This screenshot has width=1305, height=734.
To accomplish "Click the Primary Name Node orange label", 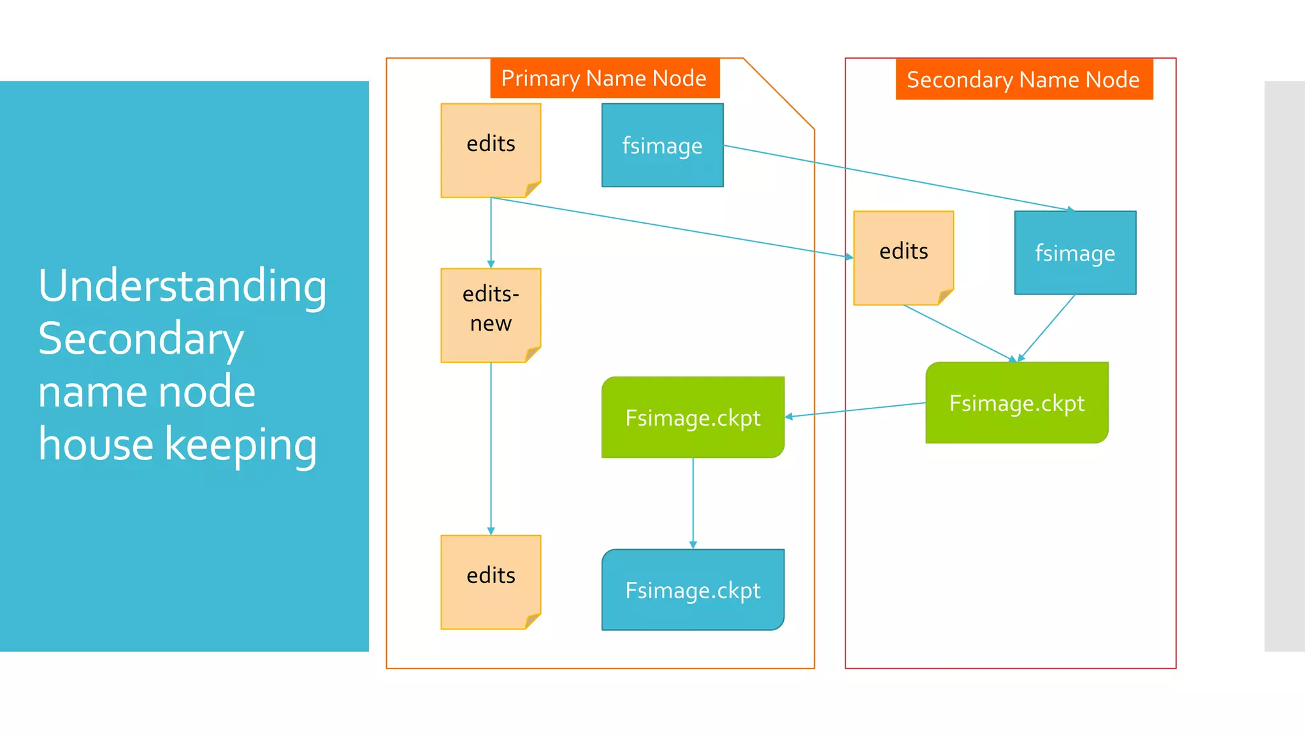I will click(x=604, y=78).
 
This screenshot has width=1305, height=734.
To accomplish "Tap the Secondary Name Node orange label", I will click(x=1023, y=80).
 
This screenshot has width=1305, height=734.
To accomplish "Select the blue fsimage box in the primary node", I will click(x=662, y=145).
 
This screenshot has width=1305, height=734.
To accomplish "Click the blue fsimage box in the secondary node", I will click(x=1075, y=253).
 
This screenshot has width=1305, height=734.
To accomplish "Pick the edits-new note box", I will click(x=491, y=309).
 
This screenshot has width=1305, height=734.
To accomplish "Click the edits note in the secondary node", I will click(x=903, y=252).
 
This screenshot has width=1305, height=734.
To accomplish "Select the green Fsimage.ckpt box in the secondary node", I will click(x=1017, y=403).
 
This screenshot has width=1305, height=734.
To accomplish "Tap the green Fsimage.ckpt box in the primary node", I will click(x=693, y=417).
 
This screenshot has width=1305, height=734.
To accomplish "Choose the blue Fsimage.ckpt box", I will click(x=693, y=590).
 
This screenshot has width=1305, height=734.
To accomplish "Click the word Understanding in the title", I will click(x=182, y=286).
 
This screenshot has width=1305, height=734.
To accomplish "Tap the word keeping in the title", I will click(x=241, y=445).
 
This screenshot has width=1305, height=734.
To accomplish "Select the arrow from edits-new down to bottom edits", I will click(x=491, y=446).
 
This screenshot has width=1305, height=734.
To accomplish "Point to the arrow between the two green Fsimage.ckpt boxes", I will click(x=854, y=410).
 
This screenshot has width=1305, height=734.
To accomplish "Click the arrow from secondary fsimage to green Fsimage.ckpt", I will click(x=1047, y=327).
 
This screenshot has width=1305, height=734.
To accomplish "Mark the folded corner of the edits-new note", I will click(x=533, y=354).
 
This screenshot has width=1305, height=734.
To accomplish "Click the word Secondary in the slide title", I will click(x=141, y=339).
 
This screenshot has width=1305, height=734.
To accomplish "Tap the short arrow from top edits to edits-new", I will click(x=491, y=233).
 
